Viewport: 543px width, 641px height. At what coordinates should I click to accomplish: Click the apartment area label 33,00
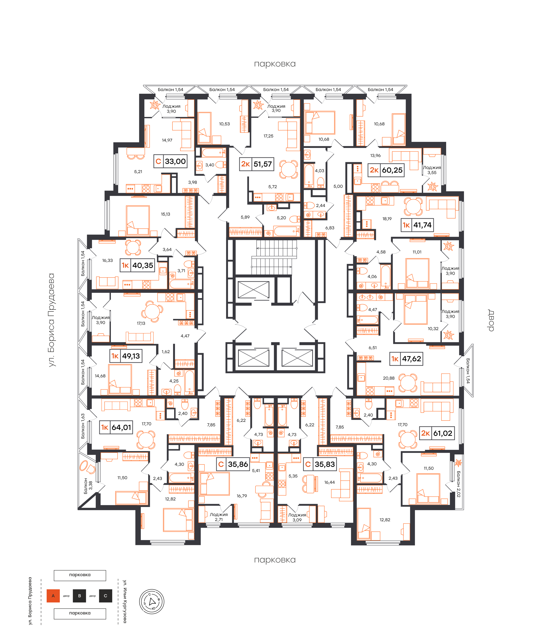175,161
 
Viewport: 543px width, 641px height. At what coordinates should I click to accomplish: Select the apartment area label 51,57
263,164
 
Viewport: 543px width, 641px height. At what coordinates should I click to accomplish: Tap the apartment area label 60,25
392,170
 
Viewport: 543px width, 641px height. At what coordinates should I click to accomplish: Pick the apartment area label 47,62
412,359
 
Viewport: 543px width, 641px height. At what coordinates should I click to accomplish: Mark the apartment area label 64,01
121,427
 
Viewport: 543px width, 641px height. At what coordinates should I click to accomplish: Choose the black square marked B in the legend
79,596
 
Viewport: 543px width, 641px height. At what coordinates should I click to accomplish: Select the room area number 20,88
389,378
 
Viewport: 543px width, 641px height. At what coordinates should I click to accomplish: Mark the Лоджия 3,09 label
297,517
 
